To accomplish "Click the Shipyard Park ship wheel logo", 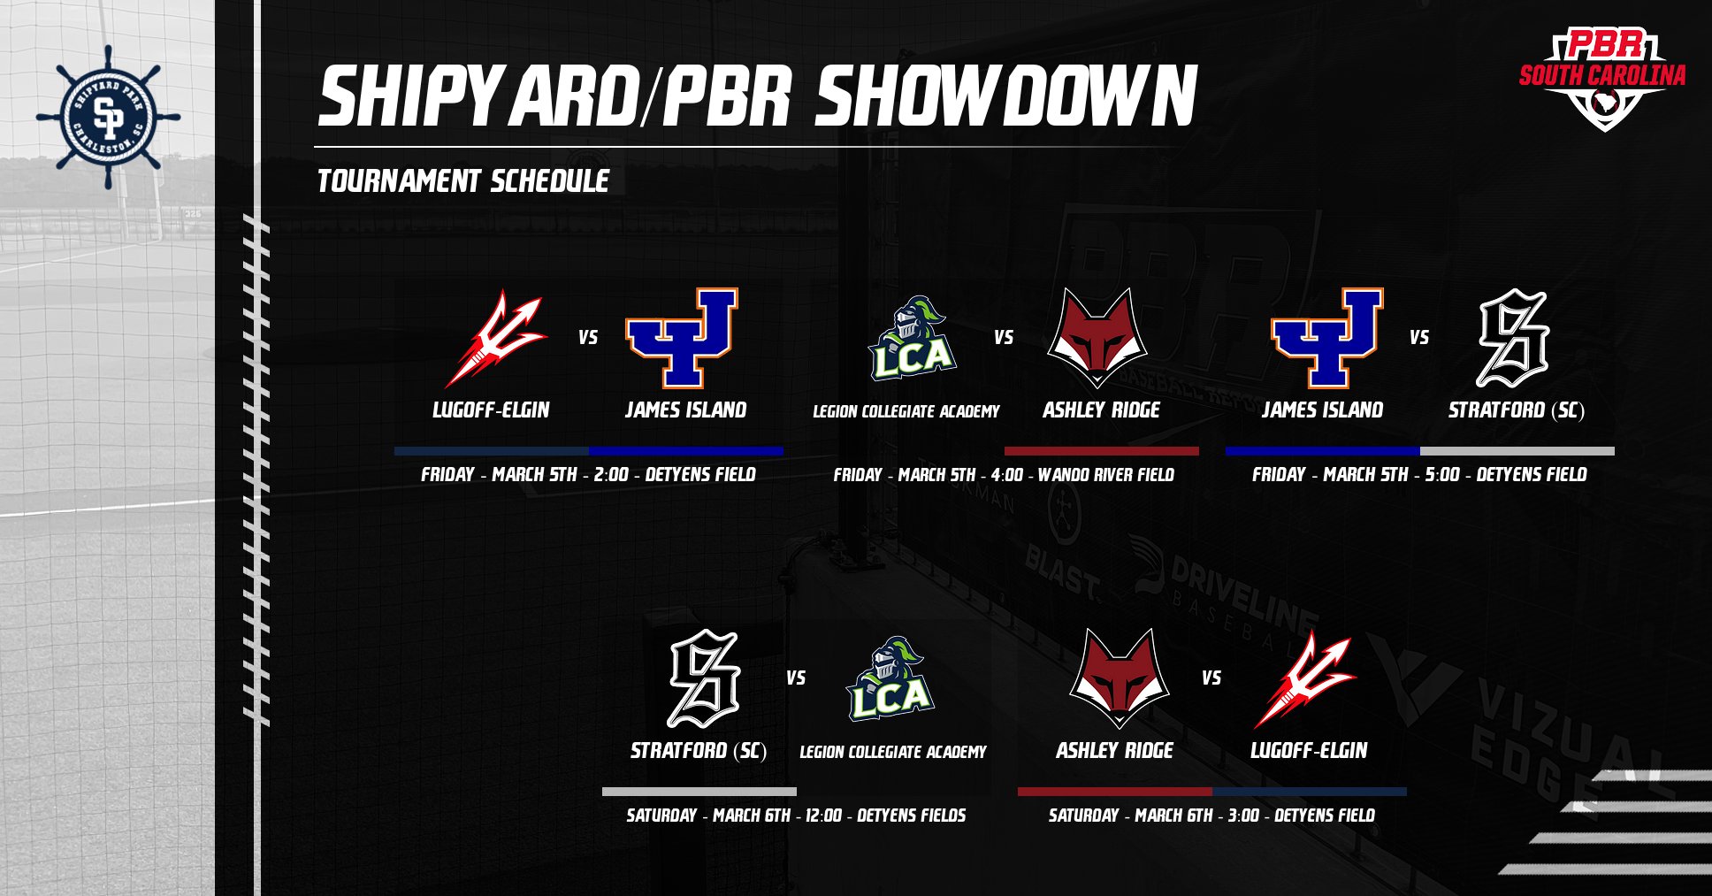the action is pyautogui.click(x=108, y=117).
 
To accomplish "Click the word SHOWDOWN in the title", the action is pyautogui.click(x=1005, y=96).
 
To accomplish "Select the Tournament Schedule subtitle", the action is pyautogui.click(x=463, y=181).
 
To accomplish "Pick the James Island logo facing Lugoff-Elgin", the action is pyautogui.click(x=682, y=338).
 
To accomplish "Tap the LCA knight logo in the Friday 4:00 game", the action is pyautogui.click(x=911, y=339).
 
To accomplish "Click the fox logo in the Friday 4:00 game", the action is pyautogui.click(x=1097, y=338).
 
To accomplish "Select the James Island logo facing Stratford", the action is pyautogui.click(x=1326, y=338).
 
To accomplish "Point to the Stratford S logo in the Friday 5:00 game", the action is pyautogui.click(x=1514, y=339).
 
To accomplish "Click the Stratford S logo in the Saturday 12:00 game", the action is pyautogui.click(x=704, y=679).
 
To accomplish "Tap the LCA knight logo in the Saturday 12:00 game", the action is pyautogui.click(x=890, y=679).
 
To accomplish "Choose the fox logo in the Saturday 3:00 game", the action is pyautogui.click(x=1120, y=678).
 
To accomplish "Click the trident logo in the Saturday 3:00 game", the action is pyautogui.click(x=1305, y=679).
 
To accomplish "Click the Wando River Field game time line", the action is pyautogui.click(x=1004, y=475).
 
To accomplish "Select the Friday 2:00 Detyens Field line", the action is pyautogui.click(x=589, y=475).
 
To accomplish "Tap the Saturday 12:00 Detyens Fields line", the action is pyautogui.click(x=796, y=816).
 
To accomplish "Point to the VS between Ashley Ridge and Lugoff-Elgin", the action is pyautogui.click(x=1211, y=678).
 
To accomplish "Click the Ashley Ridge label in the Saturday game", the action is pyautogui.click(x=1114, y=751).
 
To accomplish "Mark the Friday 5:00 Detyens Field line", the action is pyautogui.click(x=1419, y=475).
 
